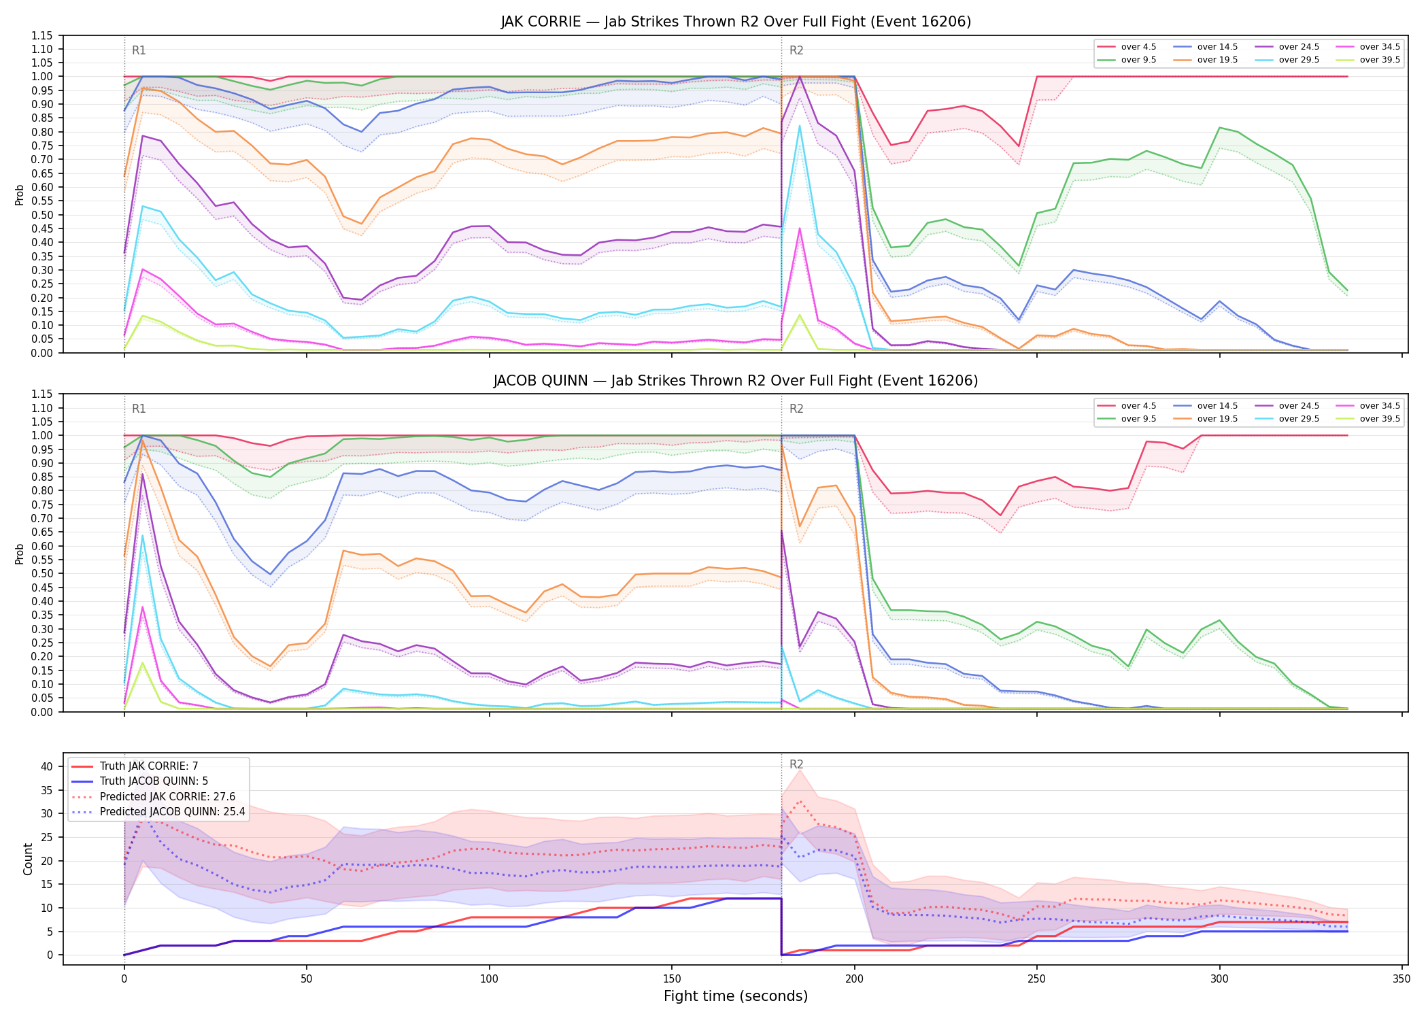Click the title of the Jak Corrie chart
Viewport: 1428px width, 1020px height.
[x=736, y=22]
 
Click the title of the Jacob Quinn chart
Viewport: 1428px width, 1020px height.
[x=736, y=381]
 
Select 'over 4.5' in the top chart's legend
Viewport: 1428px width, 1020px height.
[x=1138, y=47]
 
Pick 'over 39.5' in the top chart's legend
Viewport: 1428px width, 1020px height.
[x=1380, y=60]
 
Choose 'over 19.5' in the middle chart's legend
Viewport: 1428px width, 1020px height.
[x=1217, y=419]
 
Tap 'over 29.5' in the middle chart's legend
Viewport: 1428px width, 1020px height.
[x=1299, y=419]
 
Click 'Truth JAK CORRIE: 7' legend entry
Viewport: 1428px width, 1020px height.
[x=149, y=766]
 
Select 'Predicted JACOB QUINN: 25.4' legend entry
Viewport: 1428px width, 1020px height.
[x=173, y=812]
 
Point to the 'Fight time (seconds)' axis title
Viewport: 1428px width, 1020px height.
[x=736, y=996]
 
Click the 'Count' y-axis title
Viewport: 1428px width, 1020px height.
[x=28, y=859]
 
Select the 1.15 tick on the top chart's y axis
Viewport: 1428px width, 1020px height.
[x=42, y=35]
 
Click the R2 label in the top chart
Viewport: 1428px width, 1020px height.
[x=796, y=50]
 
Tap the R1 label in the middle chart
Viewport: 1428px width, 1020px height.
[x=139, y=409]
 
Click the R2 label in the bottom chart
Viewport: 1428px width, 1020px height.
[x=796, y=764]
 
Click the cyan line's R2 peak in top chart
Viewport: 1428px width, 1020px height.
[x=800, y=126]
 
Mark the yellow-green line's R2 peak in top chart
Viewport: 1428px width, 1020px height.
[x=800, y=314]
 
